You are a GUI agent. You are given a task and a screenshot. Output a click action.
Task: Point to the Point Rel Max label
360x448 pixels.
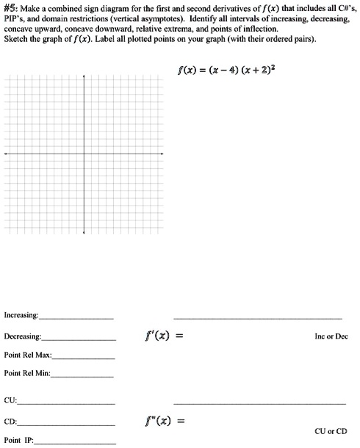click(28, 355)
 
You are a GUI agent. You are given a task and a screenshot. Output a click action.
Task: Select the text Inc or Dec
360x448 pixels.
click(330, 337)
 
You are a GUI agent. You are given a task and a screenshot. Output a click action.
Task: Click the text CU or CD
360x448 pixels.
click(330, 432)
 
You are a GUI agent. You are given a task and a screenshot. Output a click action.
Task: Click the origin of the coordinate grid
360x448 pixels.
click(84, 154)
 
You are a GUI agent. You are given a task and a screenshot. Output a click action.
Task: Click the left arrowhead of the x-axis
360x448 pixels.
click(6, 154)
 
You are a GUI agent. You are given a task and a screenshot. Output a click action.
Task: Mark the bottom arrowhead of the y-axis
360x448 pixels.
click(84, 233)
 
